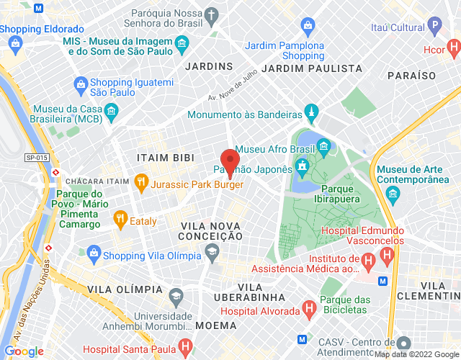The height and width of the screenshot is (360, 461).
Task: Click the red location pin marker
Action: coord(230,162)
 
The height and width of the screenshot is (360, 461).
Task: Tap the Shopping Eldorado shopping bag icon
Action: coord(15,43)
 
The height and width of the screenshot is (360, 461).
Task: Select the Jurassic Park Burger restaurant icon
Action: coord(141,184)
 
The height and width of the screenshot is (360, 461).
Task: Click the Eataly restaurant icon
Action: coord(120,220)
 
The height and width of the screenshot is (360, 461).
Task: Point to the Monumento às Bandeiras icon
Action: coord(312,114)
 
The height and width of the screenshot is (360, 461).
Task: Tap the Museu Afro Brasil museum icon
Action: coord(323,149)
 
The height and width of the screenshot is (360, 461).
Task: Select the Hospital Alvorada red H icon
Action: coord(310,310)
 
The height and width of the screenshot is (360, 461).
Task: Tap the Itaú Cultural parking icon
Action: coord(434,27)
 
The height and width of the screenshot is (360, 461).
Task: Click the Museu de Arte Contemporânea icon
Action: coord(393,193)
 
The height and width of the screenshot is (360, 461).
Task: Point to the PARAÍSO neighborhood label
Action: coord(411,75)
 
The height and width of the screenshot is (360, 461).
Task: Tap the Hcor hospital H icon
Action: coord(454,50)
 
